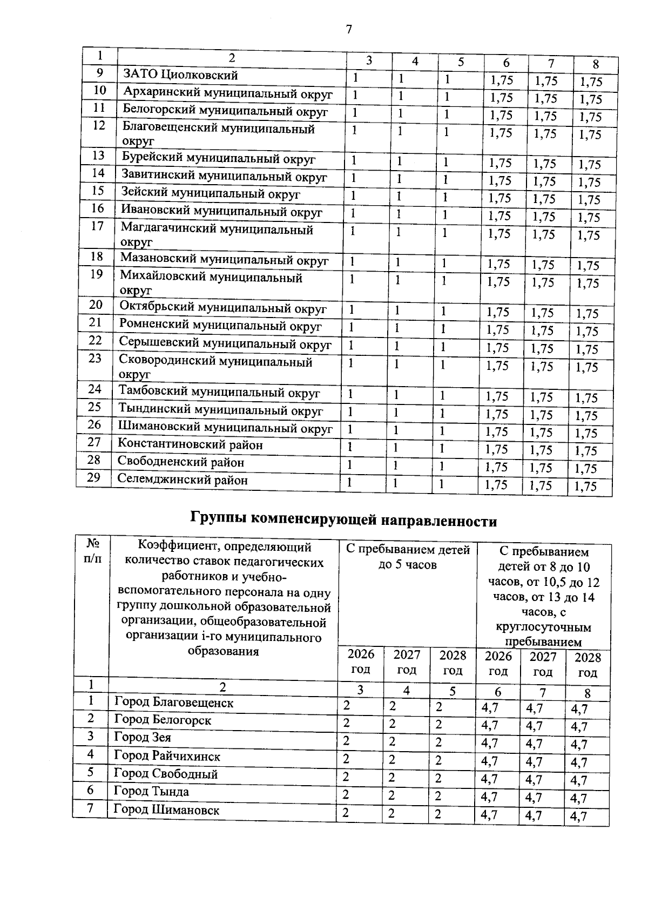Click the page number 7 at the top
pyautogui.click(x=348, y=29)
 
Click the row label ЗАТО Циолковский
pyautogui.click(x=180, y=75)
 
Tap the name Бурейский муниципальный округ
pyautogui.click(x=218, y=159)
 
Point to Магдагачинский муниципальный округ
pyautogui.click(x=217, y=235)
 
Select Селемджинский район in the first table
pyautogui.click(x=183, y=480)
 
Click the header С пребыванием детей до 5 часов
pyautogui.click(x=408, y=557)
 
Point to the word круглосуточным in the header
pyautogui.click(x=543, y=627)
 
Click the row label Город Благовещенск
pyautogui.click(x=173, y=703)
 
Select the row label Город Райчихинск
pyautogui.click(x=167, y=756)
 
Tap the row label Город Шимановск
pyautogui.click(x=166, y=810)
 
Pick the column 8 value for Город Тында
pyautogui.click(x=579, y=798)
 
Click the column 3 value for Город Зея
pyautogui.click(x=346, y=742)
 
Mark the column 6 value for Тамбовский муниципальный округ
pyautogui.click(x=497, y=397)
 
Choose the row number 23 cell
pyautogui.click(x=95, y=359)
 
